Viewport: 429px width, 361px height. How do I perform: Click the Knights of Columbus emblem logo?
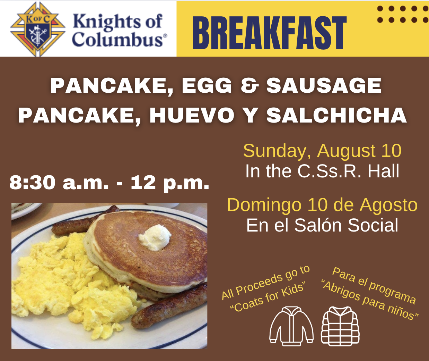click(x=38, y=29)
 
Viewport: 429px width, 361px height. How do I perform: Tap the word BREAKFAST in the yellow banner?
click(x=269, y=33)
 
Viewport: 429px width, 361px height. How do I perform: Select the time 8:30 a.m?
click(x=59, y=182)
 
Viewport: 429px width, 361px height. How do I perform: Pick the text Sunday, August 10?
click(x=322, y=151)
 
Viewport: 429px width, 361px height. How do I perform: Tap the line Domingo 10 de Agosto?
click(x=322, y=205)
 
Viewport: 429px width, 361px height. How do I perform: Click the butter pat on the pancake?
click(x=155, y=237)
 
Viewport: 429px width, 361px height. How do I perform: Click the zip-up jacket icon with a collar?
click(x=291, y=326)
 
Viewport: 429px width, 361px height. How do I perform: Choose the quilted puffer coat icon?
click(x=340, y=326)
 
